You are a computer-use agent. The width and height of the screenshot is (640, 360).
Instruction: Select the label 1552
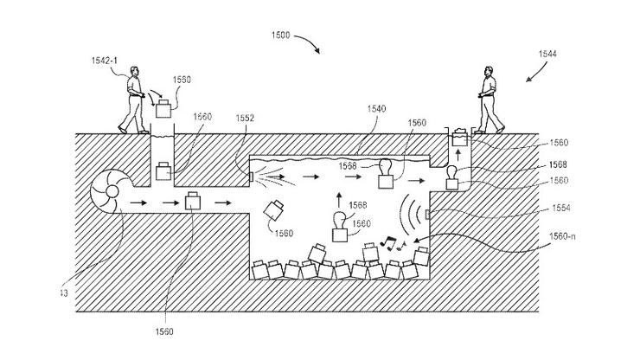246,118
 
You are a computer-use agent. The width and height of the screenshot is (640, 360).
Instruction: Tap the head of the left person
133,75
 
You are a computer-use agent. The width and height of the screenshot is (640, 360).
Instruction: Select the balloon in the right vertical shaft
451,175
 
